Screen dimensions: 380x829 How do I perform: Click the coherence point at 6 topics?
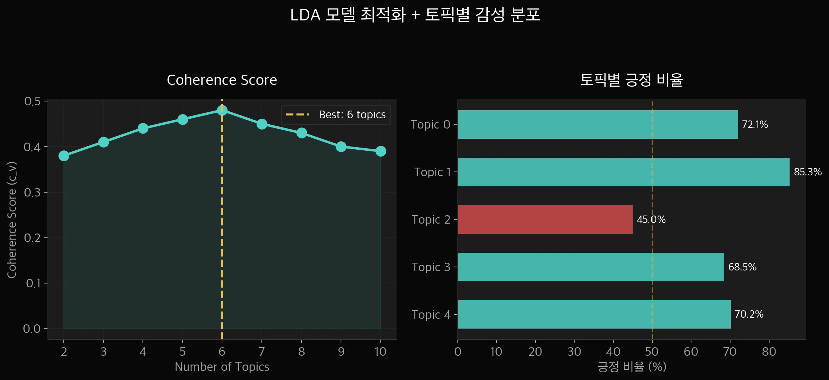(x=222, y=110)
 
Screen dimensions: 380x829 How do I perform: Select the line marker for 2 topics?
(x=64, y=156)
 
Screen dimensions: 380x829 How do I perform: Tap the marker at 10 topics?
(x=380, y=151)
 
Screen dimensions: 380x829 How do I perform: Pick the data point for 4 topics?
(x=143, y=128)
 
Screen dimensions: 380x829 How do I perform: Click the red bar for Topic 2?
(x=545, y=219)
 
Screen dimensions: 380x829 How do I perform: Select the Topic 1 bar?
(x=624, y=172)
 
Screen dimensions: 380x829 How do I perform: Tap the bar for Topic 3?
(x=591, y=267)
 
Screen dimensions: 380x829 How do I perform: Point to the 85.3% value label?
(x=808, y=172)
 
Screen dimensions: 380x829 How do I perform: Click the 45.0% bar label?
(x=651, y=219)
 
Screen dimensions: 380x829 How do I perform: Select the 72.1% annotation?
(x=755, y=124)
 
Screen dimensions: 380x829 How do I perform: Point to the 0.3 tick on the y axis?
(x=32, y=192)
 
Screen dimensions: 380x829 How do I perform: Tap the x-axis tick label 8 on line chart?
(x=302, y=351)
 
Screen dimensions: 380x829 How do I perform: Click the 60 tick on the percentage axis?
(x=691, y=351)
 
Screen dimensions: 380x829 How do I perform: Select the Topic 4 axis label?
(x=431, y=314)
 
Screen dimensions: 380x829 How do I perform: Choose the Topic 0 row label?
(x=430, y=124)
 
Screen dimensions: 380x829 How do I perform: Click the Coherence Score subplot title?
(x=222, y=80)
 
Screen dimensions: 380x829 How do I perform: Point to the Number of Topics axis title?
(x=222, y=367)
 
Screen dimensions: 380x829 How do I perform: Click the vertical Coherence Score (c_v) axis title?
(x=12, y=219)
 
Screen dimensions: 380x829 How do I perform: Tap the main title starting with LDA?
(x=415, y=15)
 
